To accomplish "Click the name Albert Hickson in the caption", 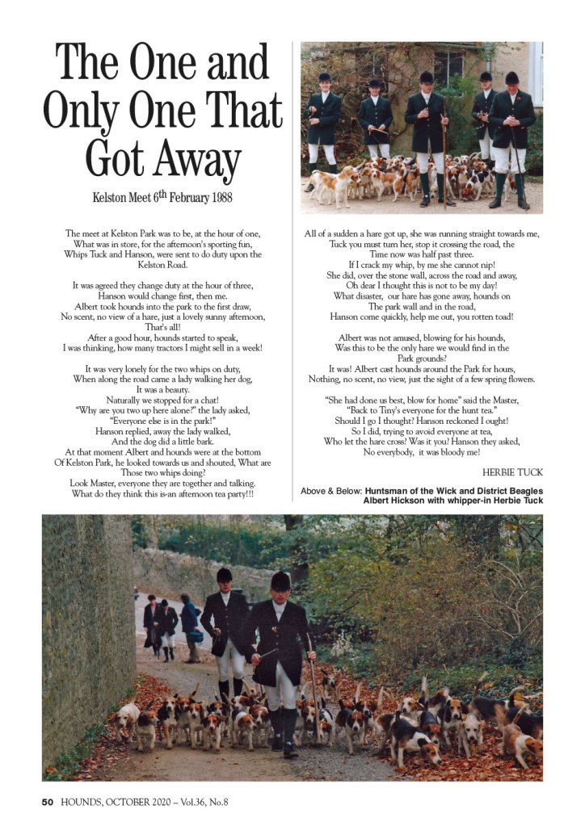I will pos(400,501).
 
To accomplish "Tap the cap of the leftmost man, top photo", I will pos(324,78).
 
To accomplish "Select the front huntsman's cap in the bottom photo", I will pos(280,581).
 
